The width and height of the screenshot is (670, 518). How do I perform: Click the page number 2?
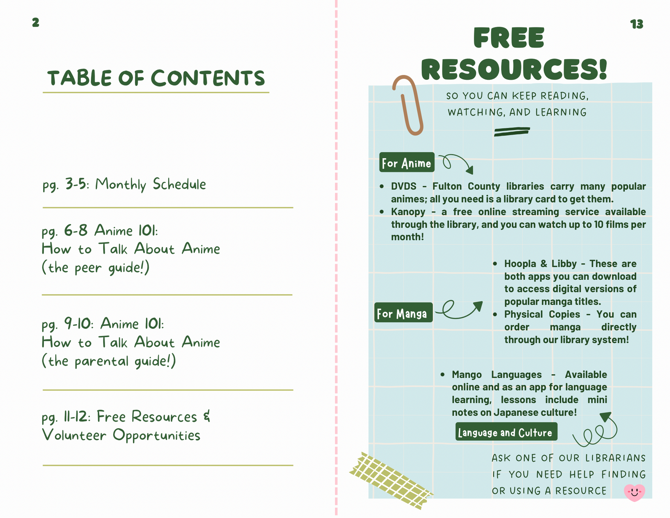[36, 23]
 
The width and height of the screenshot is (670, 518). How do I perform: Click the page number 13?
[636, 24]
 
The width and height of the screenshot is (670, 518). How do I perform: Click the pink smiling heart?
[634, 492]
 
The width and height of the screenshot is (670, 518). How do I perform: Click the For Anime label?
[406, 163]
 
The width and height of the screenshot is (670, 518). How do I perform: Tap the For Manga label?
[403, 313]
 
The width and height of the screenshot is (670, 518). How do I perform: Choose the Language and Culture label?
[506, 432]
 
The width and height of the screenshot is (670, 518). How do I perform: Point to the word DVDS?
[403, 186]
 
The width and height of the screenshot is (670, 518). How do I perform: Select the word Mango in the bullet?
[467, 375]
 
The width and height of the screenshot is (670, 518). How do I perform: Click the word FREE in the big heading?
[509, 38]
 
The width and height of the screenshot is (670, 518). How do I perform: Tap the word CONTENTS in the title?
[208, 78]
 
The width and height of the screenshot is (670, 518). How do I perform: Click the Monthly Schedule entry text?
[151, 184]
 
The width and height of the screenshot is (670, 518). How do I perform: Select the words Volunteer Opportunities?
[121, 435]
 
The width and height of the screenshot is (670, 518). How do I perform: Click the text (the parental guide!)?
[109, 361]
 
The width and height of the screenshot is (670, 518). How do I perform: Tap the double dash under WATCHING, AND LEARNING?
[512, 132]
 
